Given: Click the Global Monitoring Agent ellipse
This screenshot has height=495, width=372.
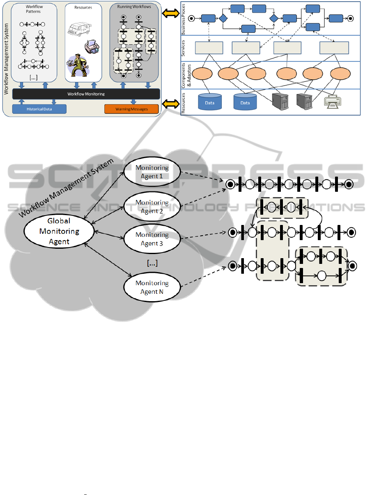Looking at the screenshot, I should (x=59, y=231).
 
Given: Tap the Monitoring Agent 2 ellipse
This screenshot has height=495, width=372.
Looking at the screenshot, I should (x=152, y=207).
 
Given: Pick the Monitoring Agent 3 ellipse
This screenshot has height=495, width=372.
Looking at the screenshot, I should (x=152, y=238).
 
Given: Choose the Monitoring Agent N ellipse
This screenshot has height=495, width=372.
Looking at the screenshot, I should (x=152, y=287).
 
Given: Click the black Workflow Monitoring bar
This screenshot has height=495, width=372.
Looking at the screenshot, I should (x=86, y=94).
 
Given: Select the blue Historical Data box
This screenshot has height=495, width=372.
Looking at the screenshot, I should (x=39, y=109).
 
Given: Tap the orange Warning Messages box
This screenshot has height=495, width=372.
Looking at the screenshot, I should (x=131, y=109).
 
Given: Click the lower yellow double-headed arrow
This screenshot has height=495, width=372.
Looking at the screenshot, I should (x=170, y=104).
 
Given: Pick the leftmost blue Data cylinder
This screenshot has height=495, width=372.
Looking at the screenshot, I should (x=210, y=102).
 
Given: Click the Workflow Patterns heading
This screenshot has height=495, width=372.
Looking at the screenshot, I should (x=33, y=9).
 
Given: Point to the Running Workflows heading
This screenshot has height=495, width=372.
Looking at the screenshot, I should (x=134, y=7).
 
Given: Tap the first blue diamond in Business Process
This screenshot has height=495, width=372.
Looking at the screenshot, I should (x=223, y=18).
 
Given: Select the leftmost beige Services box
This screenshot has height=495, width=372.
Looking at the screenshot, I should (x=209, y=48).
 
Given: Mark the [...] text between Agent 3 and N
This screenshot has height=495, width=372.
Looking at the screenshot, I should (x=152, y=263).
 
